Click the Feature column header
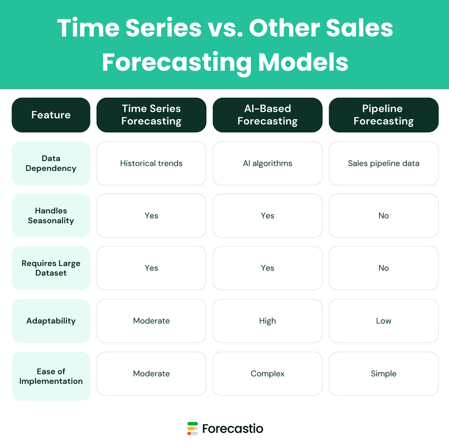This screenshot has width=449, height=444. tap(51, 115)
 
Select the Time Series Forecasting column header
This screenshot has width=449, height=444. tap(151, 115)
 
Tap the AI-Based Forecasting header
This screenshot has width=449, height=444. tap(267, 115)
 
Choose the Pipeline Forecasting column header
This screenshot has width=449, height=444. tap(384, 115)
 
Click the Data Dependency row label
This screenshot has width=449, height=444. tap(51, 163)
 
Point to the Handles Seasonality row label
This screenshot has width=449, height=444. tap(51, 216)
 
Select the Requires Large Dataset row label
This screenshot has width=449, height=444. tap(51, 268)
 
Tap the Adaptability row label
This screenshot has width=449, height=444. tap(51, 321)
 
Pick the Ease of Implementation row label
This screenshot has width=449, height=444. tap(51, 376)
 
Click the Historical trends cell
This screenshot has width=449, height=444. tap(151, 163)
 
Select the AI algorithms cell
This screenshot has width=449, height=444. tap(267, 163)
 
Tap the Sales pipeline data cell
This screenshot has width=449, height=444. tap(384, 163)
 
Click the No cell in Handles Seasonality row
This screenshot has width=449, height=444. tap(384, 216)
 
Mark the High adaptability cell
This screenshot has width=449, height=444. tap(267, 321)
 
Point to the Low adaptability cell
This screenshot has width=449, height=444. tap(384, 321)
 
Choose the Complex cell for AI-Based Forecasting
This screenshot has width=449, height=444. tap(267, 374)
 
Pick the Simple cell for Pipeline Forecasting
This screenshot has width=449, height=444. tap(384, 374)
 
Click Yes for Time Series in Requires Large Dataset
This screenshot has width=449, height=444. tap(151, 268)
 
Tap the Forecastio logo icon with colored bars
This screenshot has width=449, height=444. tap(192, 428)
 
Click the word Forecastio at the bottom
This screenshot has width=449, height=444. tap(233, 428)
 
